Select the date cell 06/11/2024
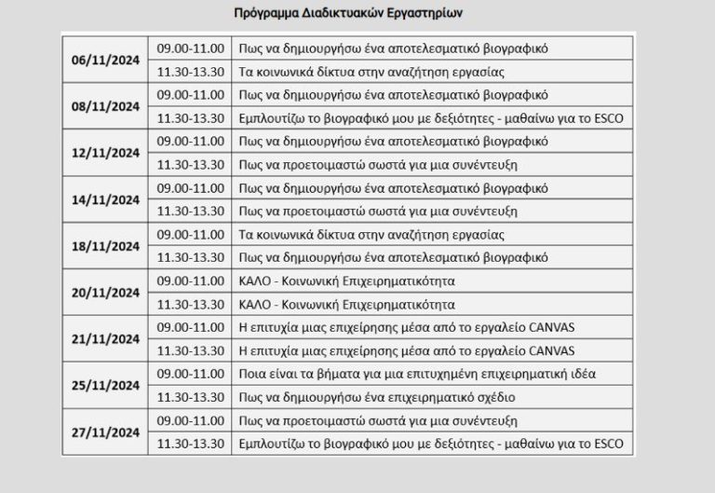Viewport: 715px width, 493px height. (106, 59)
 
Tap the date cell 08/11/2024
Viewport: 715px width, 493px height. (106, 106)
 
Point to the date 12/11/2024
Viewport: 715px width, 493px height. (106, 153)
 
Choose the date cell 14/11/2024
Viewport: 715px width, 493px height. (106, 199)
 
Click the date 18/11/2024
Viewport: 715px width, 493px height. (106, 246)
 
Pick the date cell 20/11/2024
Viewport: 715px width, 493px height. (106, 293)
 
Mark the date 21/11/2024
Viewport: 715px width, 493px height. (106, 339)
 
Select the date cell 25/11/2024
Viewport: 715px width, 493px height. (106, 386)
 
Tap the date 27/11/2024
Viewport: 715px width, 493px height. (106, 432)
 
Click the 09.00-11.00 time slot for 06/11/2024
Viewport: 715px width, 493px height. (190, 47)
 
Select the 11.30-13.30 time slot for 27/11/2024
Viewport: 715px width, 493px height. (190, 445)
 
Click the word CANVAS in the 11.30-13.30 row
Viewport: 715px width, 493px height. (553, 351)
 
